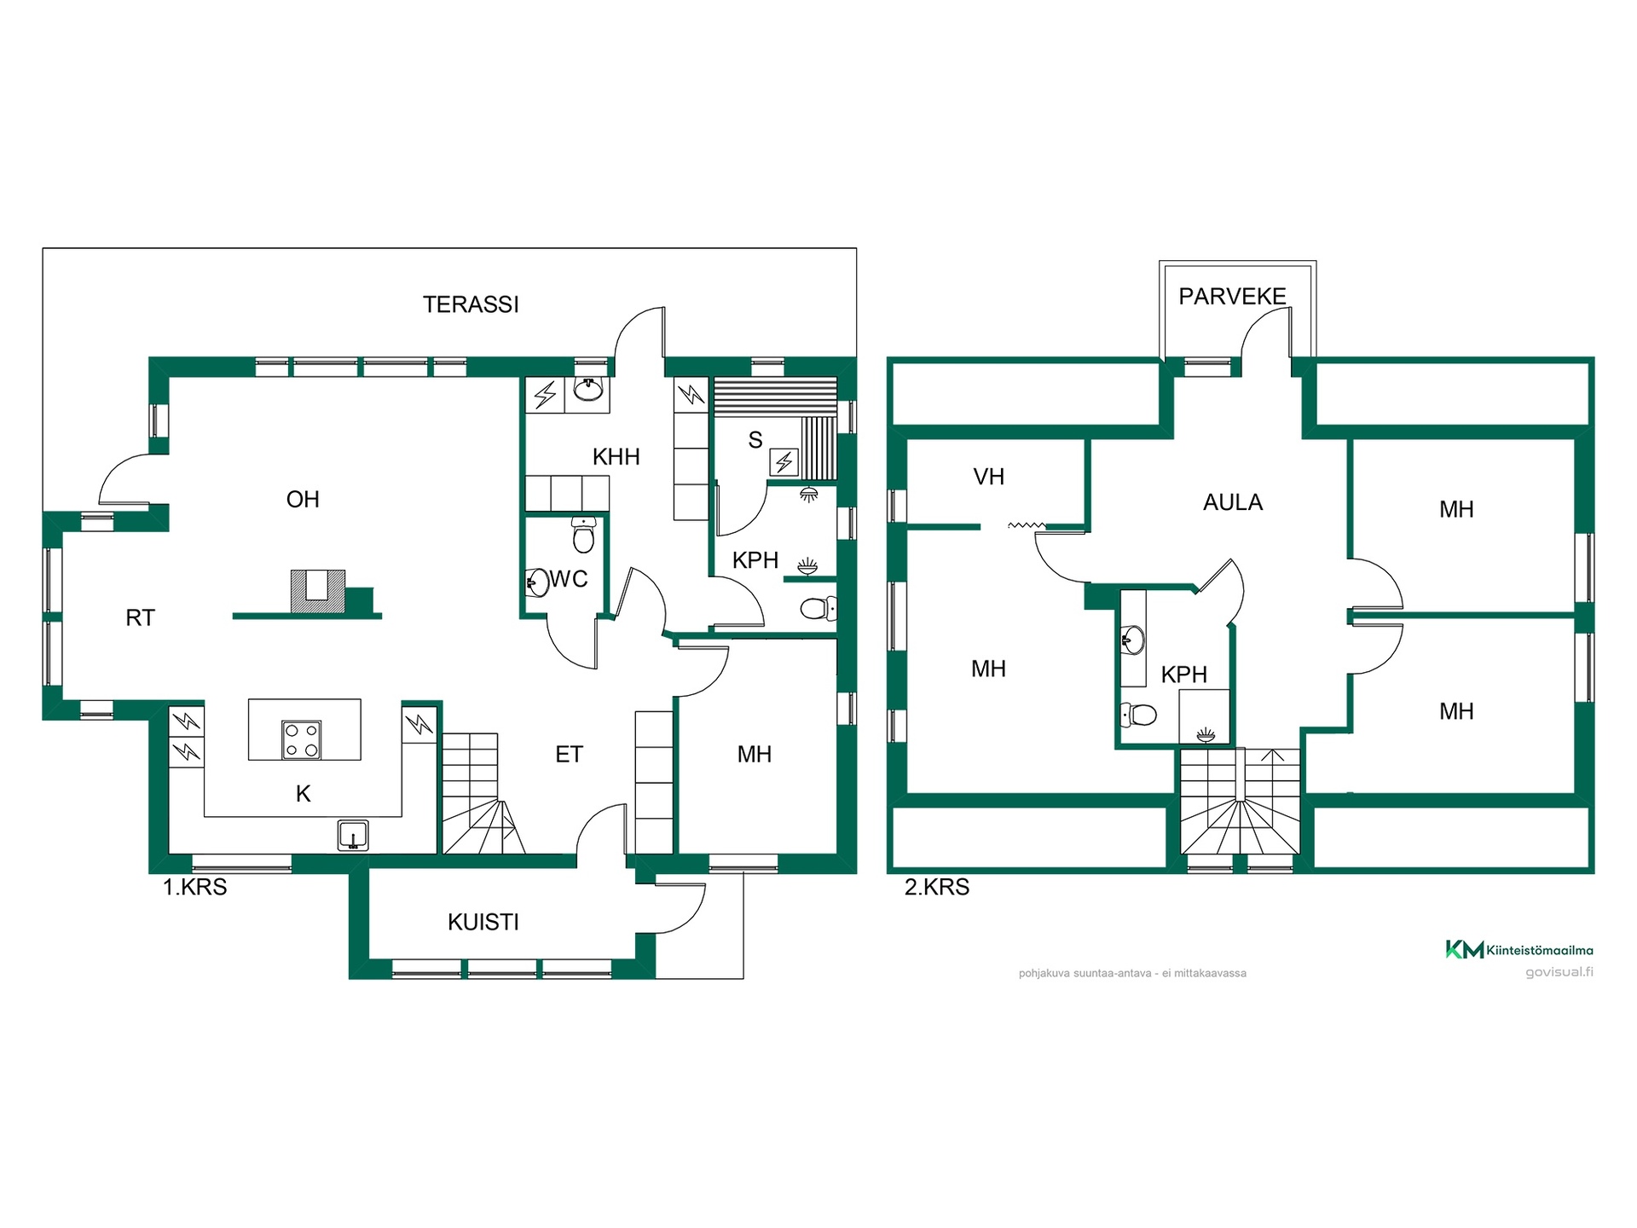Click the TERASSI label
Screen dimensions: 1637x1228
[471, 304]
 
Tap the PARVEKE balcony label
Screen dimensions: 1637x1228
[1232, 296]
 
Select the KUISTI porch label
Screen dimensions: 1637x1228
[483, 922]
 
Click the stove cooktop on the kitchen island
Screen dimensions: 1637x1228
[302, 739]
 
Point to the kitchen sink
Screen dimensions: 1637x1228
[352, 835]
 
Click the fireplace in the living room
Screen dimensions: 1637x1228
[318, 591]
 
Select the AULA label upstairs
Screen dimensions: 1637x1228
[1233, 502]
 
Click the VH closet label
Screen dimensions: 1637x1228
[989, 477]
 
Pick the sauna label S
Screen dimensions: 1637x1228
[755, 440]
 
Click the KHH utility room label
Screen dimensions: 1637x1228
[616, 457]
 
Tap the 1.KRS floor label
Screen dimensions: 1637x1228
[195, 887]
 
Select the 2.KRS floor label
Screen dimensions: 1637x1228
[937, 887]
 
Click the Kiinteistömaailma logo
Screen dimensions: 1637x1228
[1519, 949]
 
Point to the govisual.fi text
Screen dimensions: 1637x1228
[1559, 972]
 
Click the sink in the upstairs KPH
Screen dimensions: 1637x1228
[1133, 640]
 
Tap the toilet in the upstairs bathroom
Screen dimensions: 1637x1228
[1138, 714]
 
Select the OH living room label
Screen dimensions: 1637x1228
[303, 499]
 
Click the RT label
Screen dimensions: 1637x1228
[141, 617]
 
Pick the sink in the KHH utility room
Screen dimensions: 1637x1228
[587, 390]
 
